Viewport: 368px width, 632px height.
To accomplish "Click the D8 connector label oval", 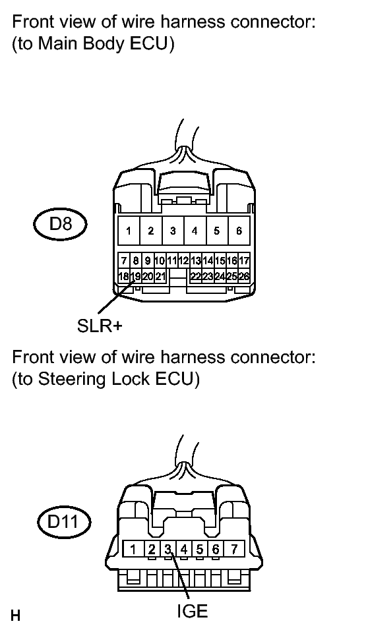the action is click(x=60, y=223).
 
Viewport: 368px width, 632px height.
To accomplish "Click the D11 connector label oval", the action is click(x=64, y=523).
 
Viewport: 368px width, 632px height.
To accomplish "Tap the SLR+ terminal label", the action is click(x=100, y=326).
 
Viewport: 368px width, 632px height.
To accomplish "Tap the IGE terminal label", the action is click(x=192, y=612).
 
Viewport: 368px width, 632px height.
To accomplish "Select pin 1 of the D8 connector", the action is click(x=129, y=231).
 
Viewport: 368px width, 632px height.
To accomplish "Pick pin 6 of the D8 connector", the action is click(x=239, y=231).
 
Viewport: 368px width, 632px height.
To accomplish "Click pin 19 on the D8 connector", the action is click(x=136, y=277).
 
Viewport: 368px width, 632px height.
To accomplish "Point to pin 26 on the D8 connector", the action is click(x=244, y=277).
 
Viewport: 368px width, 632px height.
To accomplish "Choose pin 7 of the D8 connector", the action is click(x=123, y=261).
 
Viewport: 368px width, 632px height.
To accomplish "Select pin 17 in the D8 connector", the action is click(x=244, y=261).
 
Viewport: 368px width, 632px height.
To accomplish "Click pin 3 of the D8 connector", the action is click(x=173, y=231).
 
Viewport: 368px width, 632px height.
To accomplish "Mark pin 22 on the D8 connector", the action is click(x=196, y=277).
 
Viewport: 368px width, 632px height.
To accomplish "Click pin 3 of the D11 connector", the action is click(x=168, y=548).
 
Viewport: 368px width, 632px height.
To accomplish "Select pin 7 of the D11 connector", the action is click(x=234, y=548).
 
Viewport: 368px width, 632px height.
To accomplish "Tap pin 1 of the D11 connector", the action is click(x=133, y=548).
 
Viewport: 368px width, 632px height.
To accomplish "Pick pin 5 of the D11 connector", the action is click(x=200, y=548).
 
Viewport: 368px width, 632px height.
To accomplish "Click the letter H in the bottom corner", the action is click(x=15, y=616).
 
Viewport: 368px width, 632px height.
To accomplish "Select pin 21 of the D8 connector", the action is click(x=161, y=277).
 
